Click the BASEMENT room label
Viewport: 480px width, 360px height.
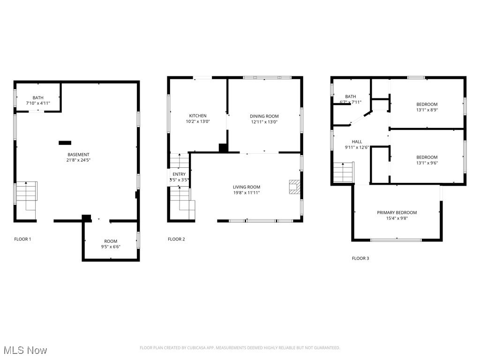[78, 155]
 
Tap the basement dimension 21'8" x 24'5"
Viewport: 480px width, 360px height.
[78, 160]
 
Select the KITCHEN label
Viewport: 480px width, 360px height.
[197, 116]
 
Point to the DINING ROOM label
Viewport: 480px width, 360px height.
[264, 116]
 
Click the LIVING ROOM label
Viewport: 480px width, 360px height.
[247, 187]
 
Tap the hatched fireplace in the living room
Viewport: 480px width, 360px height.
[293, 187]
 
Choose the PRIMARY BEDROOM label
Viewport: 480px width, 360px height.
[397, 212]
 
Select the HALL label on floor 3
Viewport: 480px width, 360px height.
[357, 142]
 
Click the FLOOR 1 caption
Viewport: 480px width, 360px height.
[22, 239]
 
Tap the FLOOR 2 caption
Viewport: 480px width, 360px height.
[176, 239]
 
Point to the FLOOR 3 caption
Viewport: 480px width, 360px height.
[360, 258]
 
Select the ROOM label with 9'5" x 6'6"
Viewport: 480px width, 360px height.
[111, 241]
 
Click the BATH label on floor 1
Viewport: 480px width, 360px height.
[38, 97]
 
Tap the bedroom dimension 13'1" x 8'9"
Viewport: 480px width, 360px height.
[427, 110]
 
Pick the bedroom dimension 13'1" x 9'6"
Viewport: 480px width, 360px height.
[427, 163]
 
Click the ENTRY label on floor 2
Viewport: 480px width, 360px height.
[179, 174]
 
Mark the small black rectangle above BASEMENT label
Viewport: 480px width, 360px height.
[65, 142]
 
